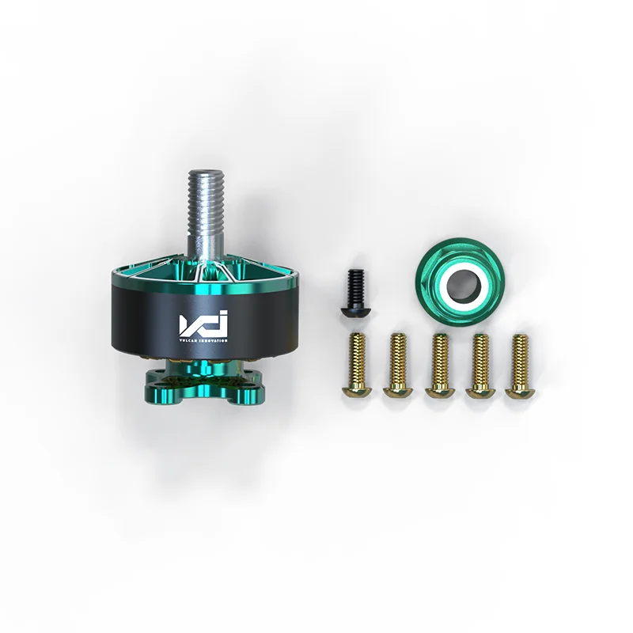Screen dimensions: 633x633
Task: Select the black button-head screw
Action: tap(354, 293)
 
